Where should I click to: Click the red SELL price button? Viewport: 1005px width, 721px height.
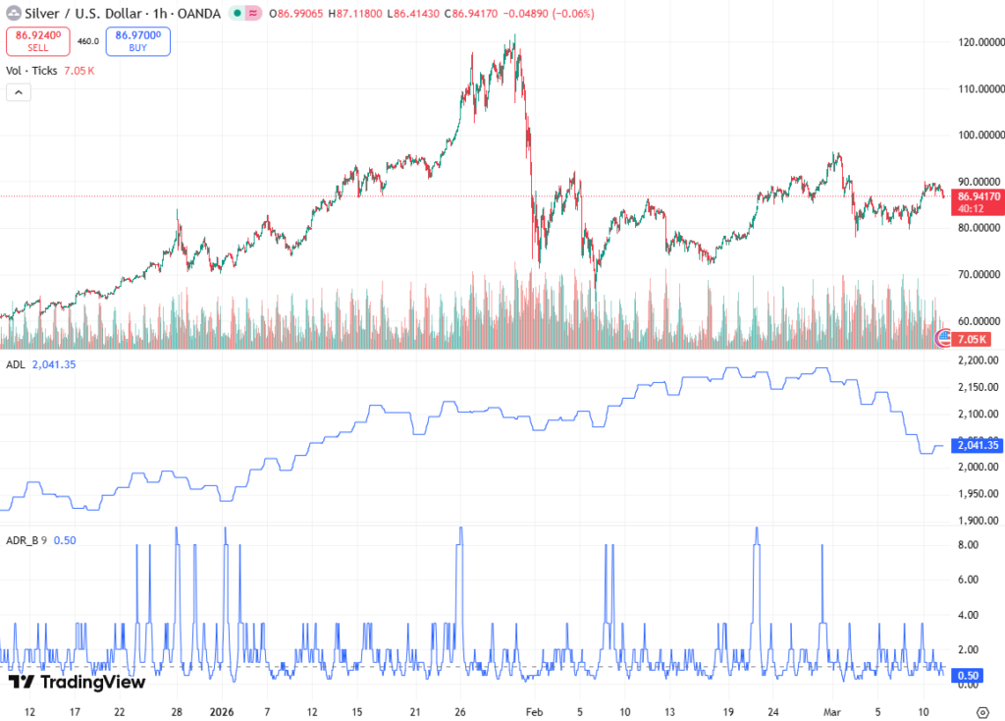tap(37, 41)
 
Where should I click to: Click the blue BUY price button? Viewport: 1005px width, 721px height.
tap(138, 41)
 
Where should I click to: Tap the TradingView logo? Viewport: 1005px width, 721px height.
tap(77, 682)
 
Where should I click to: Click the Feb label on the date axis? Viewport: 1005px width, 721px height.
tap(533, 711)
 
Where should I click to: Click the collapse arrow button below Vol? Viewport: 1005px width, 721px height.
tap(19, 92)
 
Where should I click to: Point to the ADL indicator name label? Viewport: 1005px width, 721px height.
tap(15, 364)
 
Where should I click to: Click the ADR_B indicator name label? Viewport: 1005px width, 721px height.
tap(22, 539)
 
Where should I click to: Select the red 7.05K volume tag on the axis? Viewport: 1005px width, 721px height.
tap(974, 340)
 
